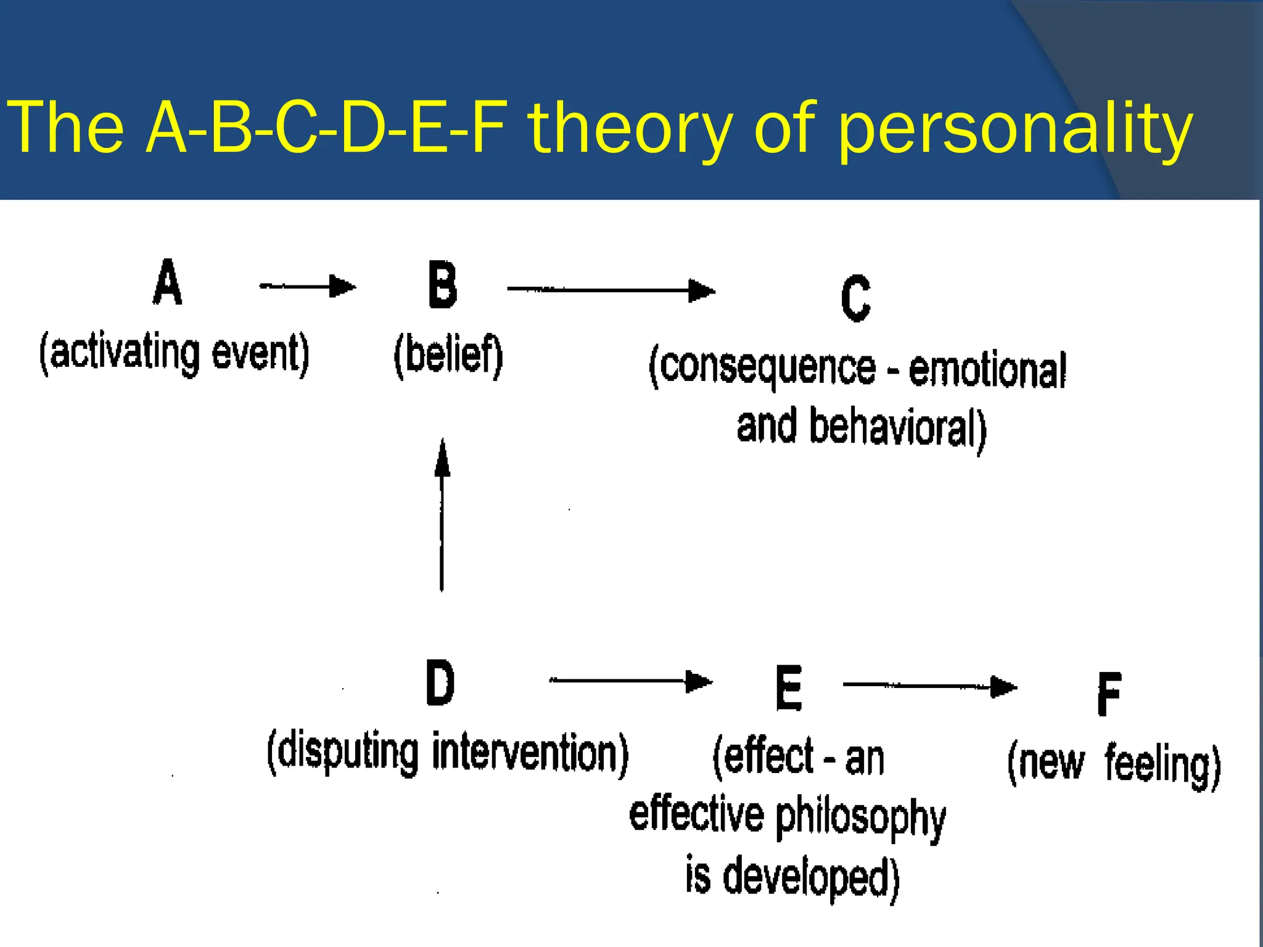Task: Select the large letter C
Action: coord(855,298)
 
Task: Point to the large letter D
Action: coord(440,683)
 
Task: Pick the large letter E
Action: coord(788,688)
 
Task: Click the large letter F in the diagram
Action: coord(1109,694)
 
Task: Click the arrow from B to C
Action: coord(611,290)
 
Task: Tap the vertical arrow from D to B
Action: coord(442,515)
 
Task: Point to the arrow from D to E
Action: coord(630,681)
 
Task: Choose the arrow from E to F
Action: coord(929,686)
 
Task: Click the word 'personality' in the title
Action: coord(1015,128)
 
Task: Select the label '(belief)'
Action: coord(448,356)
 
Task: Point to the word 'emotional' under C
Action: coord(987,370)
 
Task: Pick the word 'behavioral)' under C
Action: coord(897,428)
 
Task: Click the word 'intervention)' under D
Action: coord(530,753)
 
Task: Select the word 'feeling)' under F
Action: coord(1162,765)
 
